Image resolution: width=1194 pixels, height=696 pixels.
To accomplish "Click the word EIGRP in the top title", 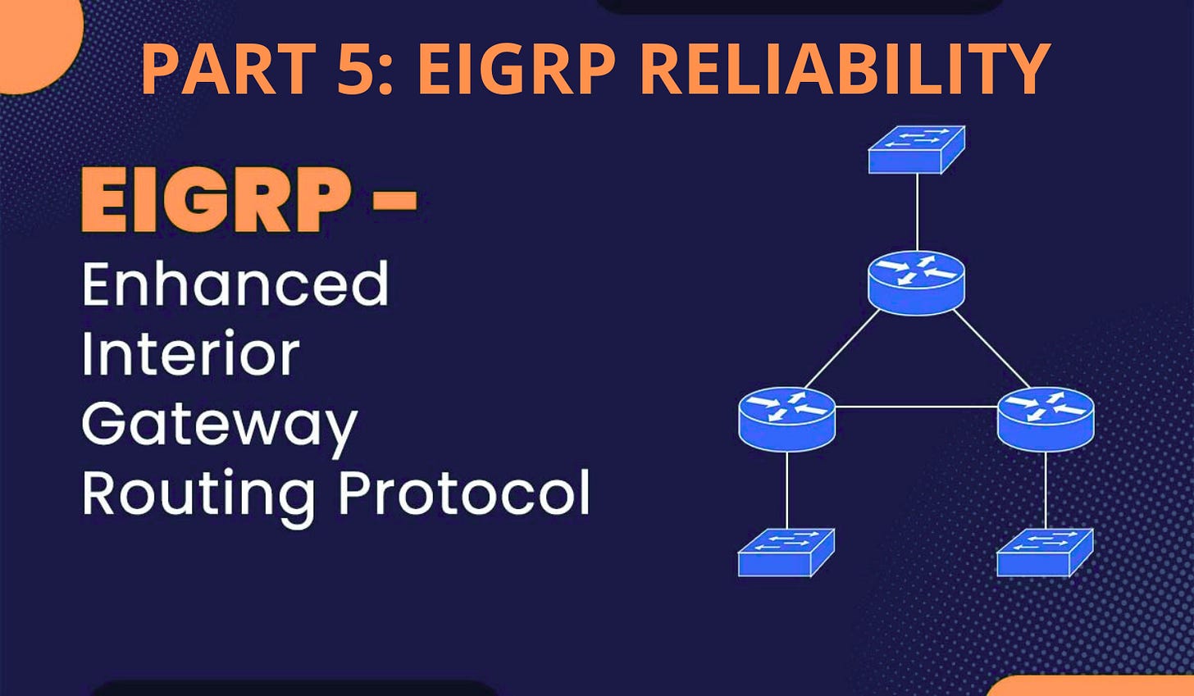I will click(517, 69).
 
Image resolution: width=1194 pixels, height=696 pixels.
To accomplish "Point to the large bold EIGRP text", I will click(217, 200).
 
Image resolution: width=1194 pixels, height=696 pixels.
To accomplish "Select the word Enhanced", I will click(235, 284).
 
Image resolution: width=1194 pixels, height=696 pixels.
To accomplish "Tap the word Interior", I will click(190, 354).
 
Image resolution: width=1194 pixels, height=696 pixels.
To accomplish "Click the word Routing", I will click(198, 494).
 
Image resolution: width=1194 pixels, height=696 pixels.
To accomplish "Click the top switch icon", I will click(916, 149).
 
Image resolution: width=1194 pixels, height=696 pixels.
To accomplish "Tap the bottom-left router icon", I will click(786, 418).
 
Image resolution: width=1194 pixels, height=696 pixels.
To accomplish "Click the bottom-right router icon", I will click(1046, 418).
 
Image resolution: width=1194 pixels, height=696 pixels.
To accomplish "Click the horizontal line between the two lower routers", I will click(916, 406).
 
